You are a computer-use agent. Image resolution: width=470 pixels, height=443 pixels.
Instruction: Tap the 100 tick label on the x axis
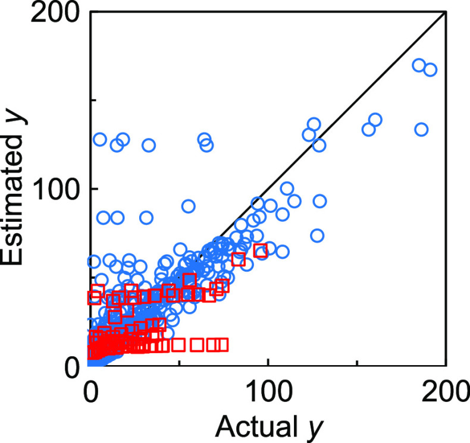point(268,394)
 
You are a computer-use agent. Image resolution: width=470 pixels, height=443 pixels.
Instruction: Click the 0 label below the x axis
point(90,394)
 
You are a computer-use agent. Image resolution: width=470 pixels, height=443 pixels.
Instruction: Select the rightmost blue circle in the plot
point(430,70)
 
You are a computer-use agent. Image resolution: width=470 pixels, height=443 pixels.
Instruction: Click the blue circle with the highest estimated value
point(419,65)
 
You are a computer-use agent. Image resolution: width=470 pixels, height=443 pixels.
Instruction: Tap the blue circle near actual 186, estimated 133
point(421,129)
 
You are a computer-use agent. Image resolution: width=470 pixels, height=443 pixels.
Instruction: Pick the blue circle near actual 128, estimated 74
point(317,235)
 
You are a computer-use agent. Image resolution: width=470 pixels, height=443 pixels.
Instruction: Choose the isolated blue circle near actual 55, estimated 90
point(188,206)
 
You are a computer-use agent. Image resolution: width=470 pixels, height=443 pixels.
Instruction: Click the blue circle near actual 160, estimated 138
point(375,120)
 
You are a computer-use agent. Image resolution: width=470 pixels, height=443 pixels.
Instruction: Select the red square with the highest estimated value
point(260,250)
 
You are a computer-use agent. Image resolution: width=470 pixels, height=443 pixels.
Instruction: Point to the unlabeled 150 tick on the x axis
point(357,363)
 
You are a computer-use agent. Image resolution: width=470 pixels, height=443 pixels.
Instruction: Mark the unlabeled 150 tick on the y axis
point(94,100)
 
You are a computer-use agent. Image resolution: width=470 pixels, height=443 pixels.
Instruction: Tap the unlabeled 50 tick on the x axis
point(179,363)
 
